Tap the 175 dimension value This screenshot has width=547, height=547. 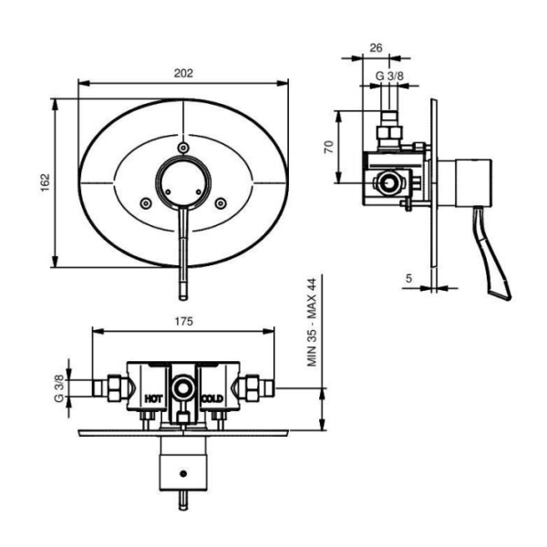(183, 321)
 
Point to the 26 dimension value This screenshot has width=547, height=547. (376, 47)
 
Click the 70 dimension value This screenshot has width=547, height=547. (328, 147)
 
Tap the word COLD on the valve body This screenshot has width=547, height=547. (212, 398)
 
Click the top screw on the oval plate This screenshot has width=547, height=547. (184, 148)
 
